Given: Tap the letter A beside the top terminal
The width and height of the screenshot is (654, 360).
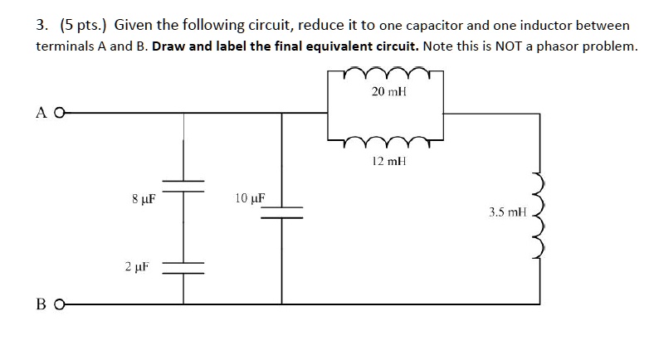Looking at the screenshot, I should (x=42, y=113).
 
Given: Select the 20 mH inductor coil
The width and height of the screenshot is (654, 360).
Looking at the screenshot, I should (x=385, y=73).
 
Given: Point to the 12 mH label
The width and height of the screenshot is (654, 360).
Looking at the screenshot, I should (x=387, y=162).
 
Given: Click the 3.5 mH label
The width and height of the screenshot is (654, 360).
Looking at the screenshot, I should (x=508, y=212).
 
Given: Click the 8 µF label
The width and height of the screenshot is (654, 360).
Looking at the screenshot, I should (x=144, y=199).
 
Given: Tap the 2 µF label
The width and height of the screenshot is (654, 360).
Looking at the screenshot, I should (x=138, y=267).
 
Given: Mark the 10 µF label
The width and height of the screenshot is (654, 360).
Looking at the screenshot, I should (x=249, y=199).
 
